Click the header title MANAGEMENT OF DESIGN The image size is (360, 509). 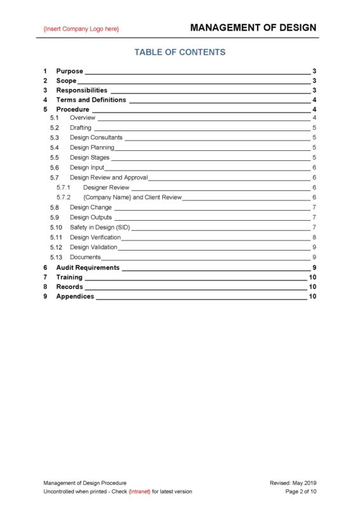(x=253, y=27)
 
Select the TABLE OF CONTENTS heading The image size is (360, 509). (x=179, y=52)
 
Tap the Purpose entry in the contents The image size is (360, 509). (x=69, y=71)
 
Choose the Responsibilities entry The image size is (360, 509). (x=81, y=90)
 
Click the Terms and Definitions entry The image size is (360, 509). (x=91, y=100)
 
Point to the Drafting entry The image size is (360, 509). (x=81, y=128)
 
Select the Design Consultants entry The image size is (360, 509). (x=96, y=137)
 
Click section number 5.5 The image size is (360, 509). (x=55, y=157)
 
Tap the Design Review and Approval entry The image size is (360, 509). (x=109, y=178)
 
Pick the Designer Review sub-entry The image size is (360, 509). (x=106, y=187)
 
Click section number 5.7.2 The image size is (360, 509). (x=63, y=197)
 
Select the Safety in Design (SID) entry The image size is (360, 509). (x=100, y=227)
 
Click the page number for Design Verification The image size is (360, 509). (x=314, y=237)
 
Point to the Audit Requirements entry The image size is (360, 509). (x=88, y=267)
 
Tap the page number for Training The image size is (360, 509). (x=312, y=277)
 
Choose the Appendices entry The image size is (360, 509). (x=75, y=296)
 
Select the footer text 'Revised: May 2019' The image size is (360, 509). (x=293, y=483)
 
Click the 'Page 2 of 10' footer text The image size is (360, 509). (x=300, y=491)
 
